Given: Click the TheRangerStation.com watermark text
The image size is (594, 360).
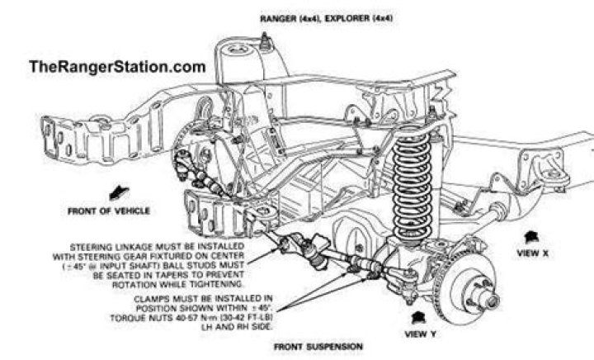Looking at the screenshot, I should pos(115,68).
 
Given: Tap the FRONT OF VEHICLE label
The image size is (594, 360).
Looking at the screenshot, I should pos(108,211).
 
